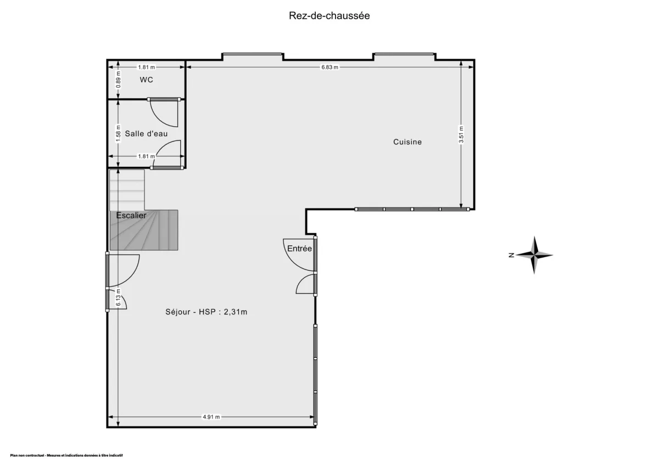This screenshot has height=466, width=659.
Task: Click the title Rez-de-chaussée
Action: click(x=329, y=15)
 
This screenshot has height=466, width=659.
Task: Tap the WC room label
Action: click(x=146, y=80)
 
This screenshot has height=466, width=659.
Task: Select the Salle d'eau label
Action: click(x=146, y=133)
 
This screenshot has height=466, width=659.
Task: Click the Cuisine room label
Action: click(x=407, y=142)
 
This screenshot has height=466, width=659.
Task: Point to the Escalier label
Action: click(x=131, y=215)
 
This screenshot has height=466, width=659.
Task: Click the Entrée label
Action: click(x=299, y=249)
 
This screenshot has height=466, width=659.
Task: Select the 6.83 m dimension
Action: click(x=329, y=67)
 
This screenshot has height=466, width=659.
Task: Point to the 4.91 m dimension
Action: click(x=211, y=417)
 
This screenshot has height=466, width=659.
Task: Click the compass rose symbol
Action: click(x=534, y=255)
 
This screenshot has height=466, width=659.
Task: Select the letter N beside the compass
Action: click(x=511, y=255)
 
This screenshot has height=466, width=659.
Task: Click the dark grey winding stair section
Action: click(x=144, y=231)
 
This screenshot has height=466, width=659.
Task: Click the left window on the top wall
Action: click(x=253, y=54)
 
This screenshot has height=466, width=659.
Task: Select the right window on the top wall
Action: click(x=404, y=54)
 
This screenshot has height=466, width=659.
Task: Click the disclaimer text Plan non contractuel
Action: click(x=66, y=456)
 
